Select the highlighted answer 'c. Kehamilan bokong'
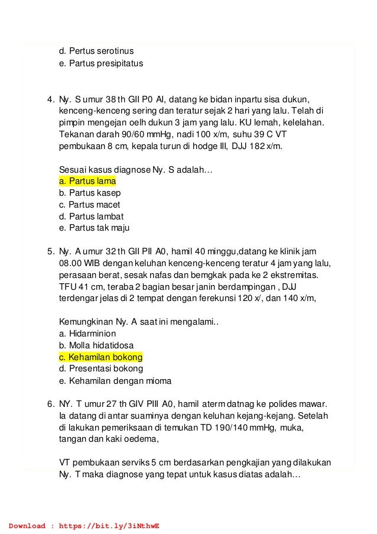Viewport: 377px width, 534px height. tap(101, 358)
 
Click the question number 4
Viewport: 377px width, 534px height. tap(51, 99)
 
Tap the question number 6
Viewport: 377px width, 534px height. tap(51, 404)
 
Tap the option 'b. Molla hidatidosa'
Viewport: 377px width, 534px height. tap(97, 346)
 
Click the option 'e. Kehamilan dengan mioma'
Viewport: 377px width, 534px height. tap(112, 381)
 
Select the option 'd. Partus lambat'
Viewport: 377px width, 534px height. tap(91, 217)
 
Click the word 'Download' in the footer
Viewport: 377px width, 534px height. tap(27, 525)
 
